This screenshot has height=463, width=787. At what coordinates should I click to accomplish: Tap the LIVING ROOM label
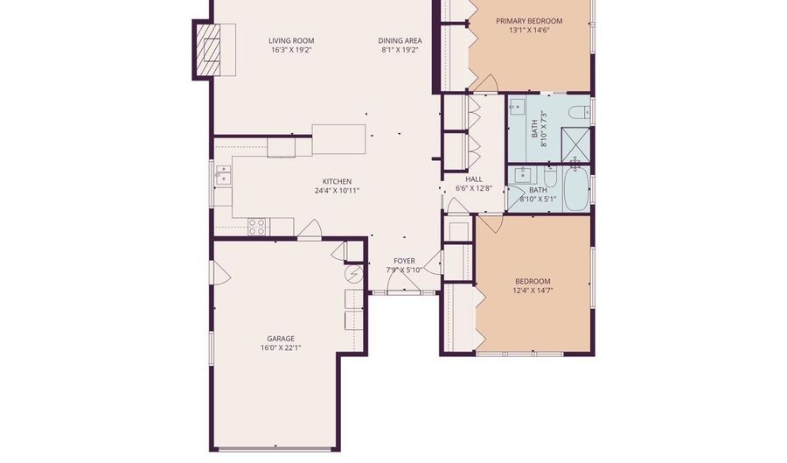click(291, 40)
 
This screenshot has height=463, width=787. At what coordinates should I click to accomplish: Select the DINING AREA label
click(400, 40)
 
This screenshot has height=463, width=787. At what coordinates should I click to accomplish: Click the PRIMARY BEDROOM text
click(529, 20)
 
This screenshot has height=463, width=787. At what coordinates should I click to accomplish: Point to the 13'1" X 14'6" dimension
click(529, 31)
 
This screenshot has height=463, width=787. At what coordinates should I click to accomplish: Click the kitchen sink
click(223, 173)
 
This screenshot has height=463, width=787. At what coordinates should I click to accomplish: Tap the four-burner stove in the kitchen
click(257, 227)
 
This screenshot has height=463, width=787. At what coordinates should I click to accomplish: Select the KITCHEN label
click(337, 180)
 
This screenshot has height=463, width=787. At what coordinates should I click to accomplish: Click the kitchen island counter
click(338, 138)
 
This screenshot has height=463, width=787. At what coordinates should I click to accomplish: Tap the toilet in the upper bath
click(578, 112)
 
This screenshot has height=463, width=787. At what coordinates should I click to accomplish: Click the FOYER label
click(404, 261)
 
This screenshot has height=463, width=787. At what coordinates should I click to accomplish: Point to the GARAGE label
click(281, 339)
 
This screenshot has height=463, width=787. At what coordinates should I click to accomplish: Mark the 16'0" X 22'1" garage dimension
click(281, 348)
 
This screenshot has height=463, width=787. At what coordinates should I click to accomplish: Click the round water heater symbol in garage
click(354, 275)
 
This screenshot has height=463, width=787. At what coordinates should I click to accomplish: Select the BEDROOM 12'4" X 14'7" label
click(533, 285)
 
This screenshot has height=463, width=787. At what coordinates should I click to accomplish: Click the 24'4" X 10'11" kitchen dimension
click(337, 190)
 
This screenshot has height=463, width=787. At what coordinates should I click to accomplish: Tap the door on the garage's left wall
click(219, 273)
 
